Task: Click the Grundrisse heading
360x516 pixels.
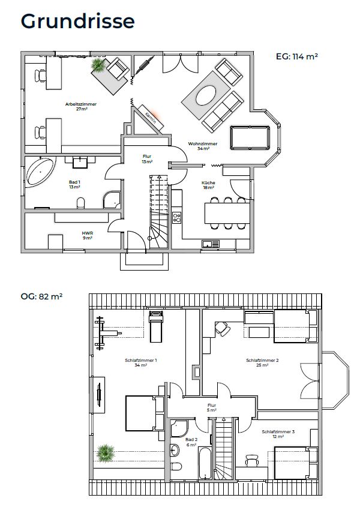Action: [x=77, y=22]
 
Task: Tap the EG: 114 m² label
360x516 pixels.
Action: [x=297, y=56]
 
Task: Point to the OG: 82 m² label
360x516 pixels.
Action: [x=41, y=296]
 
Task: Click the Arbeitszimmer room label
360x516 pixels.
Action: [x=81, y=104]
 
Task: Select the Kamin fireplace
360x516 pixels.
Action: [x=151, y=117]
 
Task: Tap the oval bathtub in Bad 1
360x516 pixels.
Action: [x=40, y=172]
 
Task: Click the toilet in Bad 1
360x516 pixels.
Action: [x=80, y=203]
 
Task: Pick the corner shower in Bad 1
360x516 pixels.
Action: [x=112, y=200]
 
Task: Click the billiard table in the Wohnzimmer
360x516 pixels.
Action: [x=250, y=138]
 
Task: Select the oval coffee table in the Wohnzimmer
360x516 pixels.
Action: [x=206, y=95]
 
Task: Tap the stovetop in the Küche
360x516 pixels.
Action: [x=177, y=217]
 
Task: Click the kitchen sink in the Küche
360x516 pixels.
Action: [x=211, y=244]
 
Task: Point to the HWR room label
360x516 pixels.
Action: [x=87, y=233]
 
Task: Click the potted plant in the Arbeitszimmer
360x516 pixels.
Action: [x=98, y=65]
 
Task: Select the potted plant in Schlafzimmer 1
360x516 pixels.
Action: [x=106, y=453]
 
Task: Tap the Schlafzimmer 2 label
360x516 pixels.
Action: [x=262, y=361]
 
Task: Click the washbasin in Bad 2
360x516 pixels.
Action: [x=175, y=450]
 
